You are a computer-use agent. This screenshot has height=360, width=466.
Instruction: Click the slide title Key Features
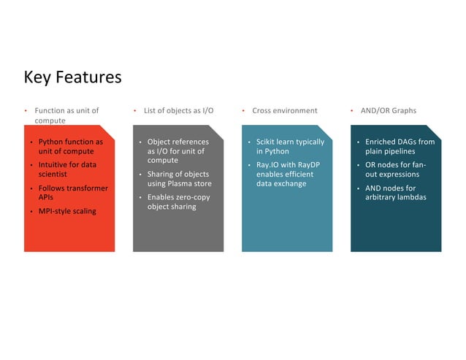[72, 77]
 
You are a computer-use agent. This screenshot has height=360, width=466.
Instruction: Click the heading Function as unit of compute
[66, 115]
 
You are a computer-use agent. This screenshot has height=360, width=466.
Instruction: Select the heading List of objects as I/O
[178, 111]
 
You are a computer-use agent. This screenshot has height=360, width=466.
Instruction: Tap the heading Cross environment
[284, 111]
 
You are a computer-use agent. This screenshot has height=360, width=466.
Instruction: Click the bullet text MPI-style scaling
[66, 211]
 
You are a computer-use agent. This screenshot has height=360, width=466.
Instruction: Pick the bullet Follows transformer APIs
[72, 193]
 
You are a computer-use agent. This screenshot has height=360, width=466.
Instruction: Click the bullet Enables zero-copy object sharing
[176, 202]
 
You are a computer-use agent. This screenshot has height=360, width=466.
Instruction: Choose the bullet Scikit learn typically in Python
[289, 146]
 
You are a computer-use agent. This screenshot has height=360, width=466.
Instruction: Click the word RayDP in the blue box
[308, 165]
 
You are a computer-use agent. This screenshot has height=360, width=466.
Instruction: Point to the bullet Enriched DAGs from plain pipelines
[400, 146]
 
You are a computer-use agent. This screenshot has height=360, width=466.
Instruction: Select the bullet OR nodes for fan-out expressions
[395, 169]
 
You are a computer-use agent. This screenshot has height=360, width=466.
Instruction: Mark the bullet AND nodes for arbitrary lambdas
[395, 193]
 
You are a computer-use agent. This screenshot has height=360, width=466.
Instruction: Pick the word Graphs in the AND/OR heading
[402, 111]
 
